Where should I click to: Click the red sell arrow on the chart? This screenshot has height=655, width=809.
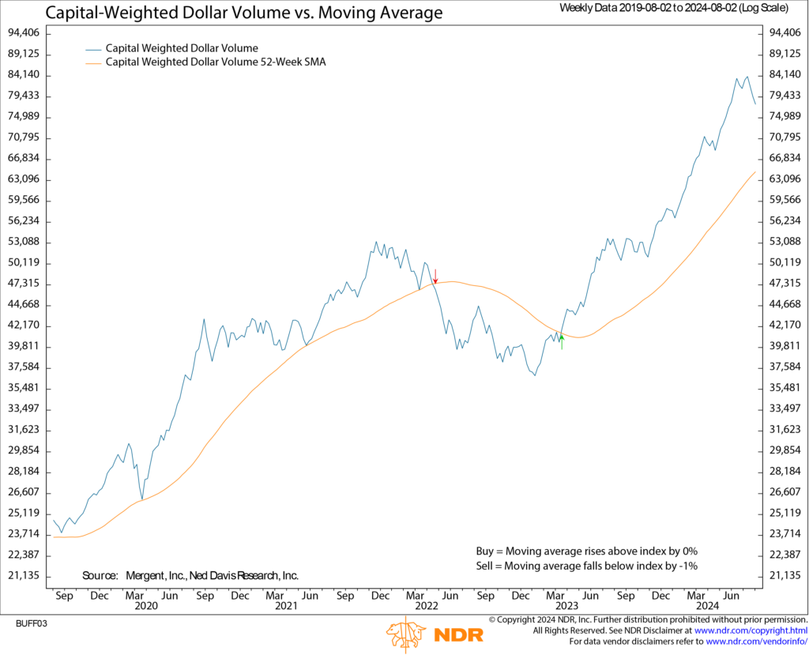click(435, 276)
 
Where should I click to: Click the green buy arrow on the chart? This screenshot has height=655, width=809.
click(562, 341)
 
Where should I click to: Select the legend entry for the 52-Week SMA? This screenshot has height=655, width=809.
click(216, 62)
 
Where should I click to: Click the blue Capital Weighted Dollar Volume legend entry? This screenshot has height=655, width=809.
click(182, 48)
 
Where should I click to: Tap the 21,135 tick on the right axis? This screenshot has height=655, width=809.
click(783, 575)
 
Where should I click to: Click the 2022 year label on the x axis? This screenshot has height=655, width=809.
click(427, 606)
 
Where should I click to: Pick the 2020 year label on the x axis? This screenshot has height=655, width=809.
click(146, 606)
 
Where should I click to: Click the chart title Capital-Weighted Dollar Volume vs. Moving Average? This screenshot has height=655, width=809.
click(244, 13)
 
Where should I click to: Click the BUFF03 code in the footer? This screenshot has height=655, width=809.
click(32, 623)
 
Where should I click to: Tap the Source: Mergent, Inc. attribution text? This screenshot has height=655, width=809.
click(190, 575)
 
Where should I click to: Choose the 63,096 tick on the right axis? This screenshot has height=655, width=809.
click(783, 179)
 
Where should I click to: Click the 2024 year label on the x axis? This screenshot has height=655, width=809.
click(709, 606)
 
